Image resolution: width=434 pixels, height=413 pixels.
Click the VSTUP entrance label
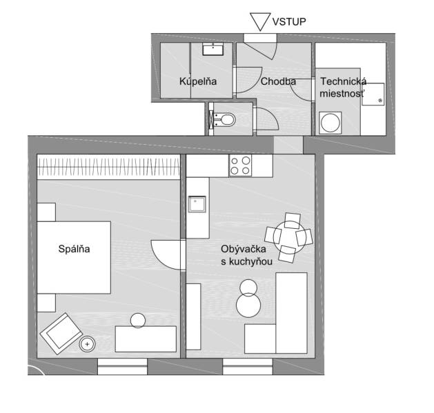289,21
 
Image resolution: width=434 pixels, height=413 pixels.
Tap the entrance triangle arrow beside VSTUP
259,21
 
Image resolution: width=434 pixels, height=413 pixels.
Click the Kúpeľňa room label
198,81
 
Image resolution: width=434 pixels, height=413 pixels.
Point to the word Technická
342,81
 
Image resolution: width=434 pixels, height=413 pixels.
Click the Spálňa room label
74,249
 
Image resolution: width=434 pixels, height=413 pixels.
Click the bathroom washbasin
214,49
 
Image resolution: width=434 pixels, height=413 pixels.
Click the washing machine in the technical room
331,124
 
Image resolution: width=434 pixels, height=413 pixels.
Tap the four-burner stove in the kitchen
241,165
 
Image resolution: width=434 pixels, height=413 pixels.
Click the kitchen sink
199,204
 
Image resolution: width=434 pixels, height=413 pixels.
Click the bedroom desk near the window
146,339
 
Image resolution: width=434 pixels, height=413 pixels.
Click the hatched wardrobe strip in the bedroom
108,167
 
